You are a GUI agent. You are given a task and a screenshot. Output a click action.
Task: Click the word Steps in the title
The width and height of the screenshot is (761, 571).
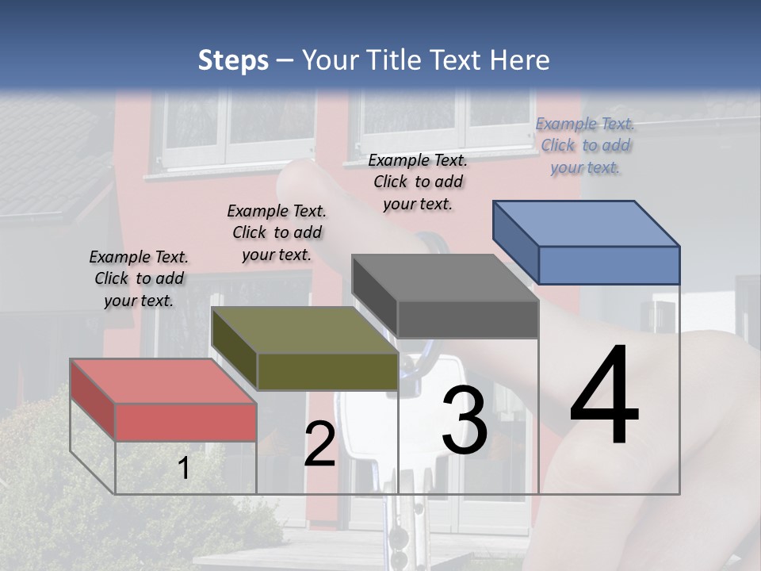point(233,60)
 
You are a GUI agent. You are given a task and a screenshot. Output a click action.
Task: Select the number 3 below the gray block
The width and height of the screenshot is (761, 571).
point(465,420)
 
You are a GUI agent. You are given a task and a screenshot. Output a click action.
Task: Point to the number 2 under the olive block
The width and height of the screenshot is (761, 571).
point(319,445)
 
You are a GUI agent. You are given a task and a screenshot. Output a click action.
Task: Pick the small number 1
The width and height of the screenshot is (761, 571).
point(183,469)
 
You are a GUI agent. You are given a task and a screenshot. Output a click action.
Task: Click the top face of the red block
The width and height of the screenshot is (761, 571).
point(163,381)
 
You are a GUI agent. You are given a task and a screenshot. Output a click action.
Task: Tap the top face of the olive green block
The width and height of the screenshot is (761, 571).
point(304,330)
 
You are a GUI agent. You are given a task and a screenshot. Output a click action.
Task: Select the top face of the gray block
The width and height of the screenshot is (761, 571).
point(445,278)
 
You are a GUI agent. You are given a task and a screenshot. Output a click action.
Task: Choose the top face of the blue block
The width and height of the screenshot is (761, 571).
point(586,223)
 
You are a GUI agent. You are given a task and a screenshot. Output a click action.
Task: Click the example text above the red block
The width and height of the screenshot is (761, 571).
point(140,278)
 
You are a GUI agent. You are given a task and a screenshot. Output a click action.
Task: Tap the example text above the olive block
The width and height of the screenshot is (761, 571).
point(277,232)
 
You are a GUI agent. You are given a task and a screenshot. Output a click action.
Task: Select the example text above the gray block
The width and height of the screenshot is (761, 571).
point(418,182)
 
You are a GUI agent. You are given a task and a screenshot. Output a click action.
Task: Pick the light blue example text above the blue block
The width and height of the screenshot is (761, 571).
point(585,145)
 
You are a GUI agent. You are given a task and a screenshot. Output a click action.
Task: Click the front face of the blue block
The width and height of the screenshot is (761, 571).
point(609,265)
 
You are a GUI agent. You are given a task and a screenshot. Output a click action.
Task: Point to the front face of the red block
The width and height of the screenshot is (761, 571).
point(185,422)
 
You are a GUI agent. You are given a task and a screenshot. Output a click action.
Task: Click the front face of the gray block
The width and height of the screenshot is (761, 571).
point(468,320)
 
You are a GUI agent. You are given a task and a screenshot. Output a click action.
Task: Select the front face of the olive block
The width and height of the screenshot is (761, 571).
point(327,371)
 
